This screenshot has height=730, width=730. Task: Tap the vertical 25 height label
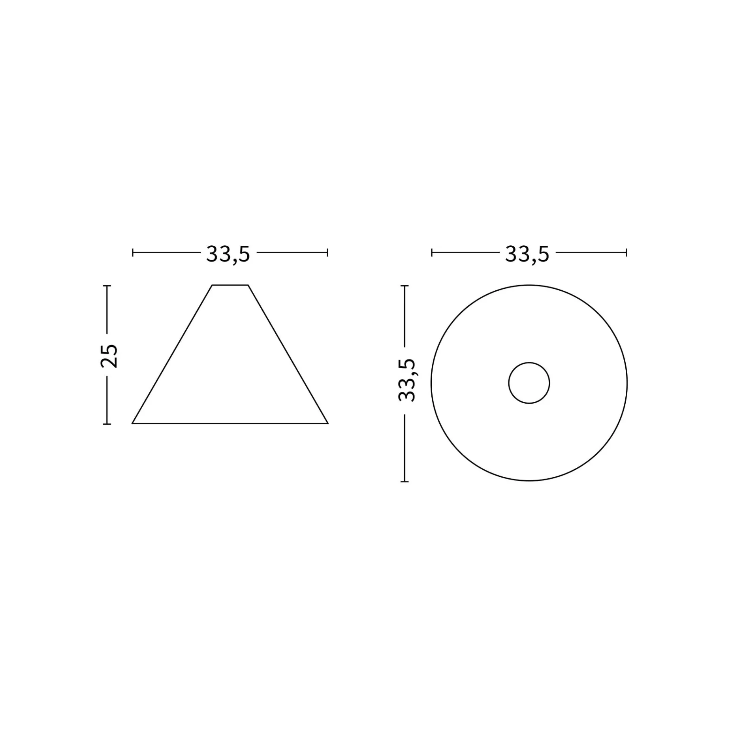[x=109, y=356]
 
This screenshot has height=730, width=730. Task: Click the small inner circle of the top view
[x=529, y=363]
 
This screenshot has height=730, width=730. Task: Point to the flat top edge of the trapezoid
[x=230, y=285]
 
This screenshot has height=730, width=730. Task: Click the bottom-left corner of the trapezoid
[x=132, y=423]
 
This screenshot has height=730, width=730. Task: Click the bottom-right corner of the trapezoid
[x=328, y=423]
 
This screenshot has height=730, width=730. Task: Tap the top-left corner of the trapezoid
[x=212, y=285]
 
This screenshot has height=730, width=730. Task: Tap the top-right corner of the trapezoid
[x=248, y=285]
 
